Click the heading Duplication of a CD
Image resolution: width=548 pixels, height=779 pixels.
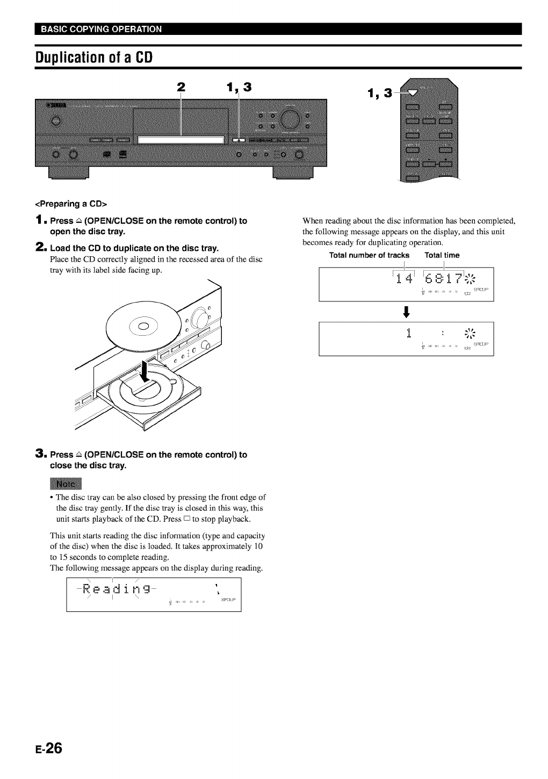(94, 57)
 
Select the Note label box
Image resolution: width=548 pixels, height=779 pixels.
(65, 484)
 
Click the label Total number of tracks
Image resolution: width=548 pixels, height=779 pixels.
(369, 255)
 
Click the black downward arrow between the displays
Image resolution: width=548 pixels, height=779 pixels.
(406, 312)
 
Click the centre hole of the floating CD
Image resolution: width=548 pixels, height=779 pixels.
(143, 327)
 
